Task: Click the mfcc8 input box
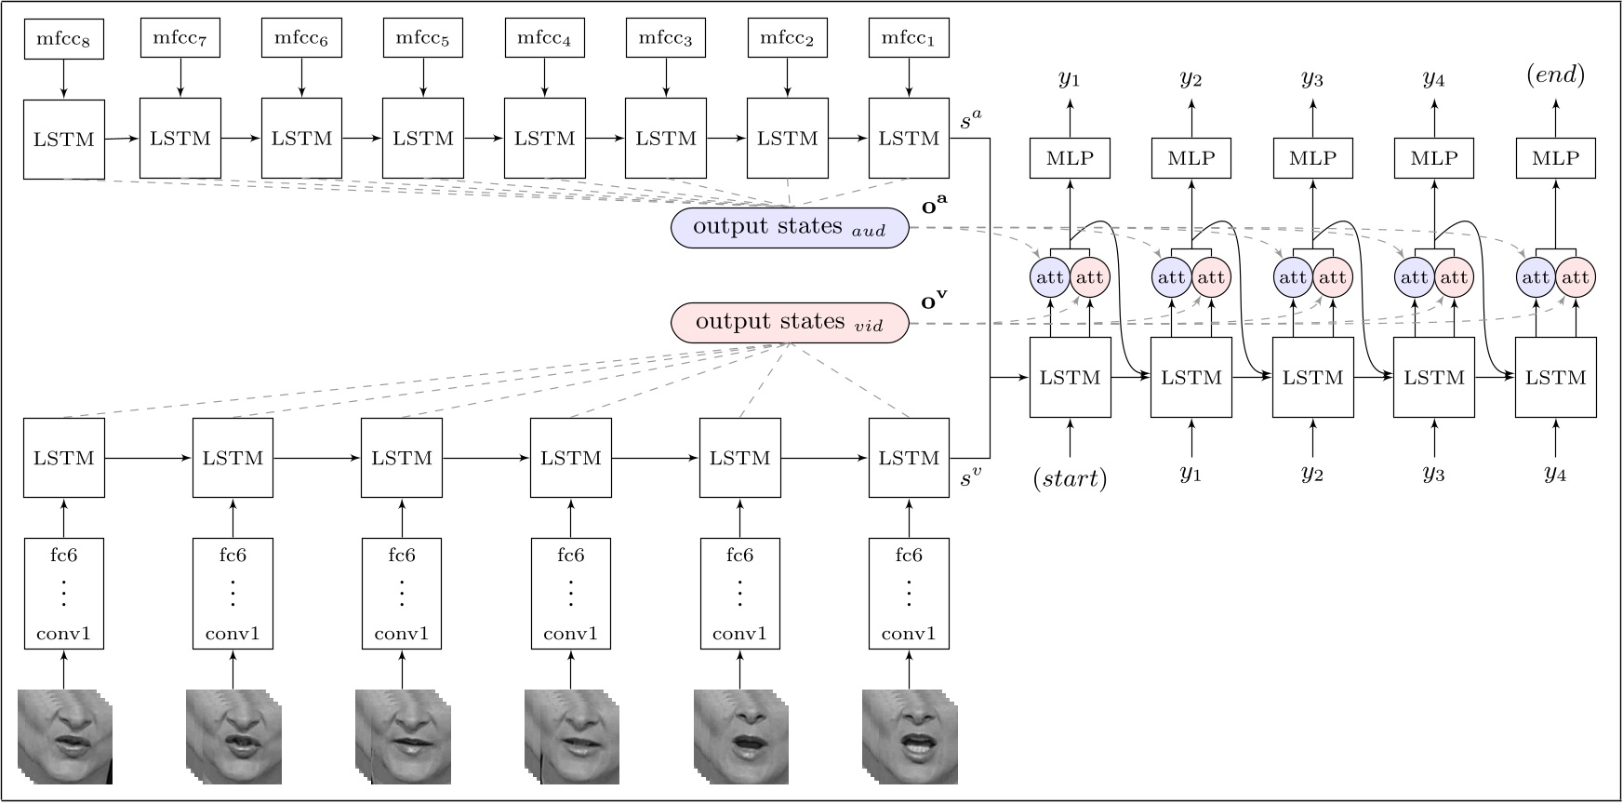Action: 63,39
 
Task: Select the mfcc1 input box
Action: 909,39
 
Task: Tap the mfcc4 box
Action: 544,39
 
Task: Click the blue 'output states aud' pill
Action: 789,227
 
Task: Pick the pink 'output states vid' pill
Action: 789,322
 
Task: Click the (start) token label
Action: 1070,478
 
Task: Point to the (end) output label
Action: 1555,74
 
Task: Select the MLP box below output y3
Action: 1312,158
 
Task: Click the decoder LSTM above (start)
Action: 1070,378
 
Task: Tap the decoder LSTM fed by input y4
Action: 1555,378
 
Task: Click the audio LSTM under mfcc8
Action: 63,140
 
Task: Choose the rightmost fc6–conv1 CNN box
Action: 909,594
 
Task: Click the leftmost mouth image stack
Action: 65,736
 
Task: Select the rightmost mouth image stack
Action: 909,736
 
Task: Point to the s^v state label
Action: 970,478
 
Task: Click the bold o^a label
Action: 934,206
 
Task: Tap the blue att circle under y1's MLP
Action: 1050,277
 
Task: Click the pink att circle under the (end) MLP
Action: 1575,277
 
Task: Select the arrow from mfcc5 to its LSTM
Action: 423,78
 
